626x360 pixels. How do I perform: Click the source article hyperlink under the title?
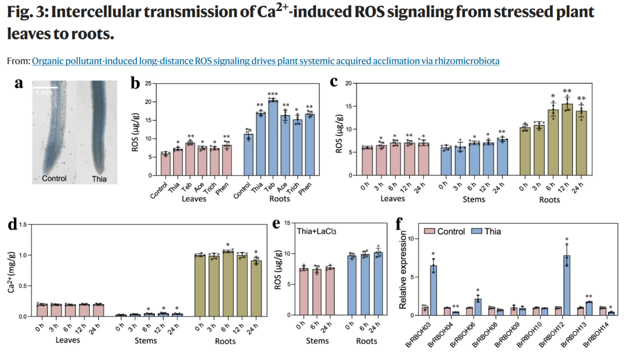(265, 61)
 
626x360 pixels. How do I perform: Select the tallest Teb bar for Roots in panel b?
(273, 138)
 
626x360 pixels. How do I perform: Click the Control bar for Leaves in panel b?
(165, 165)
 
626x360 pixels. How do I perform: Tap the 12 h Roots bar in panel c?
(567, 140)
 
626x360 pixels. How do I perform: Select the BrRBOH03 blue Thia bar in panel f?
(433, 290)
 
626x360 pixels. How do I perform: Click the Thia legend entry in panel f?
(486, 231)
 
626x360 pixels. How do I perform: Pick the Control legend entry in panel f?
(445, 231)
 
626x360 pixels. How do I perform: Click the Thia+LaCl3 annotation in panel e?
(316, 231)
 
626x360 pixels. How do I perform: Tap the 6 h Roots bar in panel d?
(228, 284)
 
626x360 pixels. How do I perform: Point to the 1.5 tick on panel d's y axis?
(23, 225)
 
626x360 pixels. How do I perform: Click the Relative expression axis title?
(402, 270)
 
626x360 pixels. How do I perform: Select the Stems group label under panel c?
(474, 199)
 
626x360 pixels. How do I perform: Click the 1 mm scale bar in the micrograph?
(45, 87)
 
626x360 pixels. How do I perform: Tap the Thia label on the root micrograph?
(99, 179)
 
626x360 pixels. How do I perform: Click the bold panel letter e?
(276, 224)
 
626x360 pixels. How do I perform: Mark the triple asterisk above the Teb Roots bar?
(272, 94)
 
